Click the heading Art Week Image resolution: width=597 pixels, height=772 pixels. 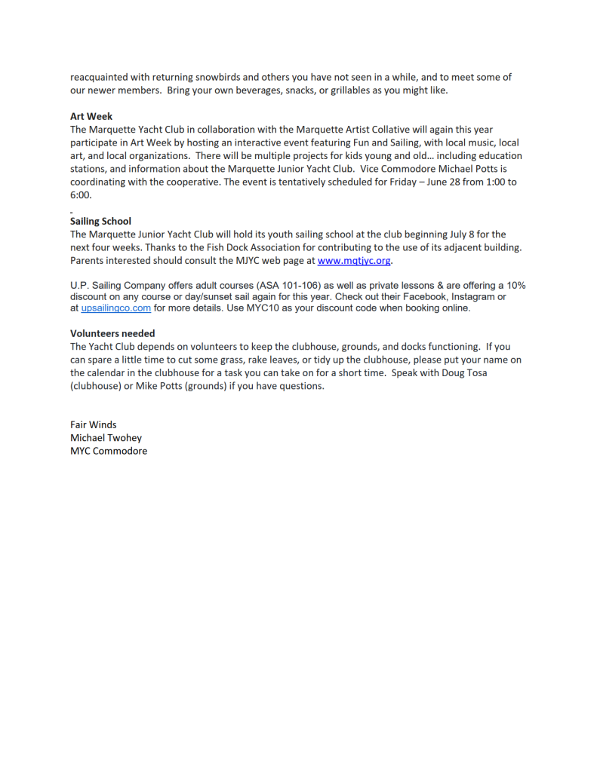[x=91, y=117]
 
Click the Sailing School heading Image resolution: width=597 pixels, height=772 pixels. [x=100, y=221]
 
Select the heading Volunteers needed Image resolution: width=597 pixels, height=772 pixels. [x=112, y=333]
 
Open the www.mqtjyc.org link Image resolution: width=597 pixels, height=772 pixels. [x=354, y=260]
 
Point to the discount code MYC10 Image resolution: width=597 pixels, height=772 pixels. [x=264, y=308]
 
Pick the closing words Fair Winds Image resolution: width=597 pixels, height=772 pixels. [x=94, y=424]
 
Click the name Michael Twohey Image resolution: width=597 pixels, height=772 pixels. [x=106, y=437]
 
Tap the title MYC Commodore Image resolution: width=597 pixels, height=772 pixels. [x=109, y=451]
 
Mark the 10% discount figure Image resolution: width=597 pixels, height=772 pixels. [x=515, y=285]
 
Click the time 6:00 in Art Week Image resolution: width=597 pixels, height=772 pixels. [x=81, y=195]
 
